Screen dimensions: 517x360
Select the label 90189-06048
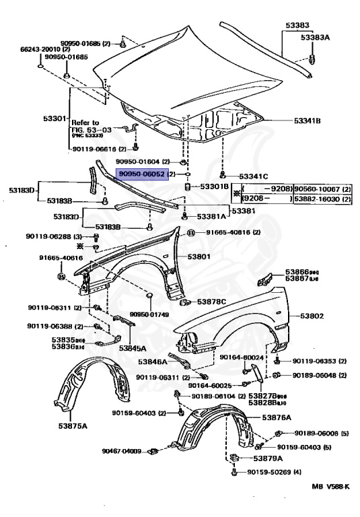[314, 375]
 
